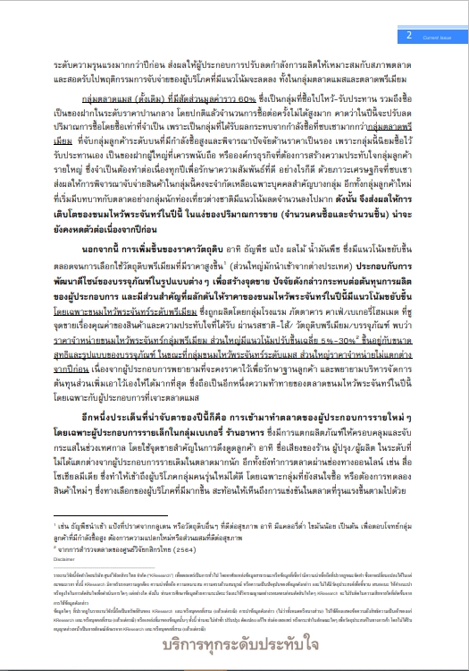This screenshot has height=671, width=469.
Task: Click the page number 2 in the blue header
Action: pos(409,35)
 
